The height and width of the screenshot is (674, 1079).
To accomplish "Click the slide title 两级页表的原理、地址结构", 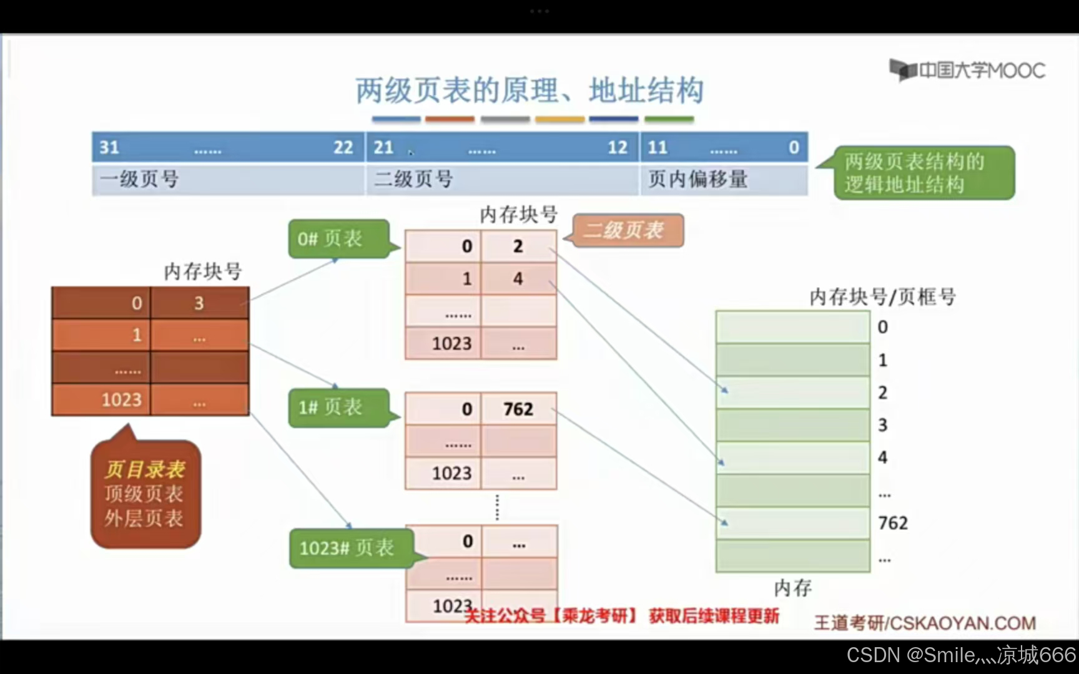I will point(530,90).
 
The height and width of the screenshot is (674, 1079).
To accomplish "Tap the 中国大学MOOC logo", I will point(967,70).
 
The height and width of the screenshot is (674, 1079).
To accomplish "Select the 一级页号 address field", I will point(228,180).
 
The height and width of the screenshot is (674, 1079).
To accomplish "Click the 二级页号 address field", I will point(502,180).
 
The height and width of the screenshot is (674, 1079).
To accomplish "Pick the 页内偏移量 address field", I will point(723,180).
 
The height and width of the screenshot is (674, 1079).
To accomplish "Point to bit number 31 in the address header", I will point(109,147).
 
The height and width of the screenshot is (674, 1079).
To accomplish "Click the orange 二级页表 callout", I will point(628,230).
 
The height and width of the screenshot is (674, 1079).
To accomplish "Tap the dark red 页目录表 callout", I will point(145,494).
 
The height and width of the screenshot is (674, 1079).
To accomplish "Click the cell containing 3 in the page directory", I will point(199,303).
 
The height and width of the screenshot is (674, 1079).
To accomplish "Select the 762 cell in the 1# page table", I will point(518,409).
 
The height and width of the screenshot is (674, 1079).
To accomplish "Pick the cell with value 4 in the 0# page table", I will point(518,279).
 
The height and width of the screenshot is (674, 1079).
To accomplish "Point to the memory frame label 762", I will point(893,523).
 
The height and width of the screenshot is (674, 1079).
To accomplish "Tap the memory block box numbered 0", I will point(792,326).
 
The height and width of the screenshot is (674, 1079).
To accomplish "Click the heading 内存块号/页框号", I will point(882,297).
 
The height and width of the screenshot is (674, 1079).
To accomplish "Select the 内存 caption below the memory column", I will point(792,587).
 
